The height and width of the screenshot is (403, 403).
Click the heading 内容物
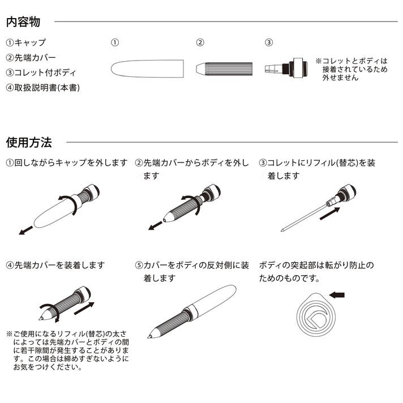23,22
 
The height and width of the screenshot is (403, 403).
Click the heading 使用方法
29,143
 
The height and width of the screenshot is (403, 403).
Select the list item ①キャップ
25,42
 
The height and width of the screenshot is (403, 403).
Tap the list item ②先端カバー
31,58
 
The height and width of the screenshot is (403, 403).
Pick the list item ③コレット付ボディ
41,72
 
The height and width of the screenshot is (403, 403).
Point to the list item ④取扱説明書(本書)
43,88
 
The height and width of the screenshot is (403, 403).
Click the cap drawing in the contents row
147,68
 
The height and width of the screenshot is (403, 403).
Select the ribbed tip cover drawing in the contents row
224,69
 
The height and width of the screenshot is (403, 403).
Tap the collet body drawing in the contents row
286,68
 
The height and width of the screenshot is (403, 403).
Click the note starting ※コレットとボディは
351,69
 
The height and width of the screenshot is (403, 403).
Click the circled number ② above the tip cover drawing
200,42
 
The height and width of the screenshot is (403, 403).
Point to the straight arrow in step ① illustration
26,230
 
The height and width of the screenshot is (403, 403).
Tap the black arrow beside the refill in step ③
330,213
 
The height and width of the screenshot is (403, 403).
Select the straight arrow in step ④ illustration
84,308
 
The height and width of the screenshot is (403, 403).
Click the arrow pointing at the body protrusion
337,295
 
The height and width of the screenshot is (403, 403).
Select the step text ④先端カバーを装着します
55,265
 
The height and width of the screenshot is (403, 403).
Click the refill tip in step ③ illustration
282,230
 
